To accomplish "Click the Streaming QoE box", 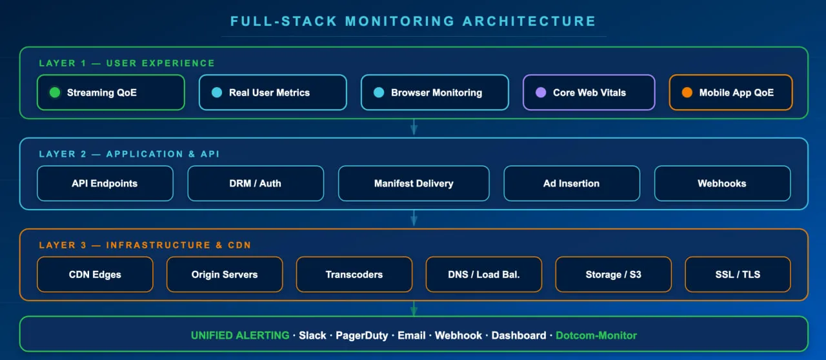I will (x=110, y=92).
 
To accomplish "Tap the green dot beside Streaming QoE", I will (x=55, y=92).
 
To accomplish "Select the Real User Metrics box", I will (x=272, y=92).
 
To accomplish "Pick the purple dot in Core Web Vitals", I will (x=541, y=92).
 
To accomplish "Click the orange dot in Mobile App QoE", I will (x=687, y=92).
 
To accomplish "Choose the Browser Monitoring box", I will (x=434, y=92).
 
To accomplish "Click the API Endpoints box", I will (x=105, y=183).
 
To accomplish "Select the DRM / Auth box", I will (x=256, y=183).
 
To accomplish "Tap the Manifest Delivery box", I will (x=414, y=183).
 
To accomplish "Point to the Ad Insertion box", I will (x=571, y=183).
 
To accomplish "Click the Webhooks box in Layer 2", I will (x=722, y=183).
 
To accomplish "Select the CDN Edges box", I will (x=95, y=274).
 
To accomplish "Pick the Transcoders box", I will (x=354, y=274).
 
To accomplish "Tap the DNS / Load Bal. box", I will (x=483, y=274).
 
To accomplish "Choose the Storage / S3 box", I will (x=613, y=274).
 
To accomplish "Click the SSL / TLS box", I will (x=738, y=274).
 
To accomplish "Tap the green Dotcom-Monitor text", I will (x=596, y=335).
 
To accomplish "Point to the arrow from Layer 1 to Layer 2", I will (x=414, y=128).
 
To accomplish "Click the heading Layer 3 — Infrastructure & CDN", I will (x=145, y=245).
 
